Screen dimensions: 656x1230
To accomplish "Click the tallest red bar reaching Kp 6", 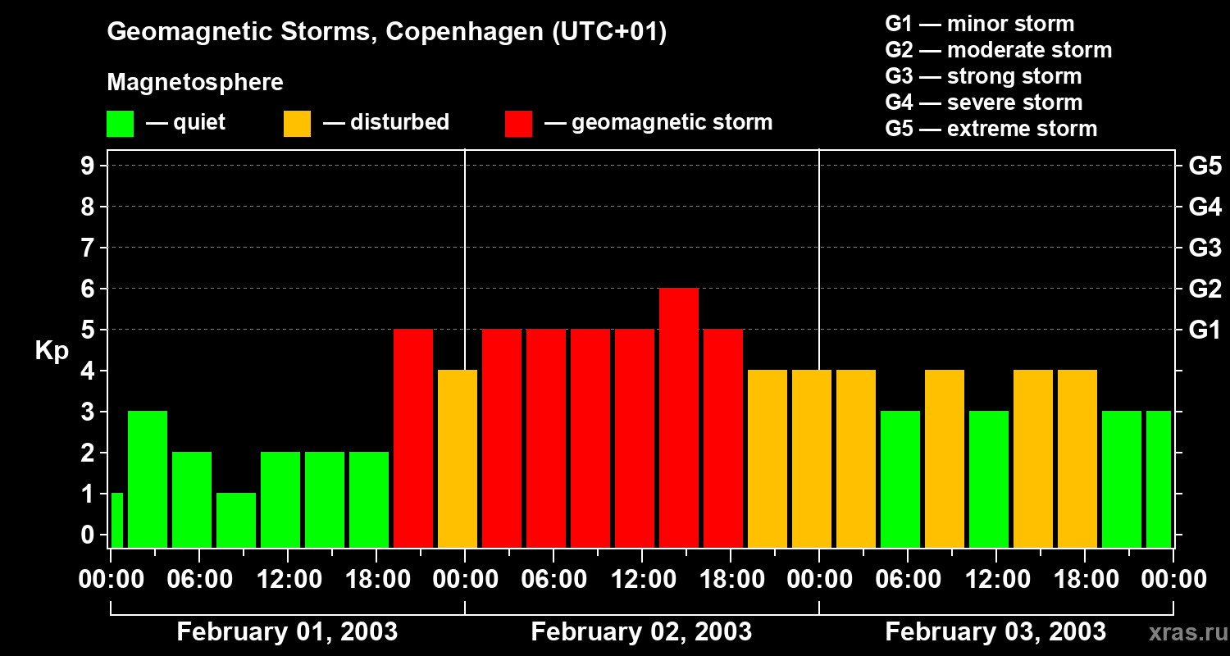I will (x=679, y=418).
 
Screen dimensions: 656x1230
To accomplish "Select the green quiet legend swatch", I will (x=120, y=124).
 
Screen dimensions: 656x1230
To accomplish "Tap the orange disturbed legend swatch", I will (x=297, y=124).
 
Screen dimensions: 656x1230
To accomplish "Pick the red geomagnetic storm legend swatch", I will (x=518, y=124).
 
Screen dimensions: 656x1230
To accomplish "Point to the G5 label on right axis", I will (x=1205, y=166).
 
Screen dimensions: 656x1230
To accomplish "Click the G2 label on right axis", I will (x=1205, y=289).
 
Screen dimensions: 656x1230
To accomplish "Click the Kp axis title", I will (x=51, y=351).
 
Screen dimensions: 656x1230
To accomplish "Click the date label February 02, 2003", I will (x=641, y=632).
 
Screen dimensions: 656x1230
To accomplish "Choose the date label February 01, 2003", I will (x=287, y=632).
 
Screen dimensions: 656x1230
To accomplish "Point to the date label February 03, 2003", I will (x=995, y=632).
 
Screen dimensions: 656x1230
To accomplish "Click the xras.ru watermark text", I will (x=1187, y=633).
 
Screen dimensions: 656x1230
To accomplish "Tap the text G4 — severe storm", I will (x=983, y=102).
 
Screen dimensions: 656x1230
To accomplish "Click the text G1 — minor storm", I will (x=979, y=24).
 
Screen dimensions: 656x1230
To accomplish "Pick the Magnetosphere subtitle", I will (x=195, y=83).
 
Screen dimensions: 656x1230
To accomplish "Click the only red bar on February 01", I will (x=413, y=439).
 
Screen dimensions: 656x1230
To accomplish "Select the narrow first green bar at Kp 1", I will (x=116, y=521).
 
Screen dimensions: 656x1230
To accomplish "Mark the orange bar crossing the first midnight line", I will (x=458, y=459).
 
